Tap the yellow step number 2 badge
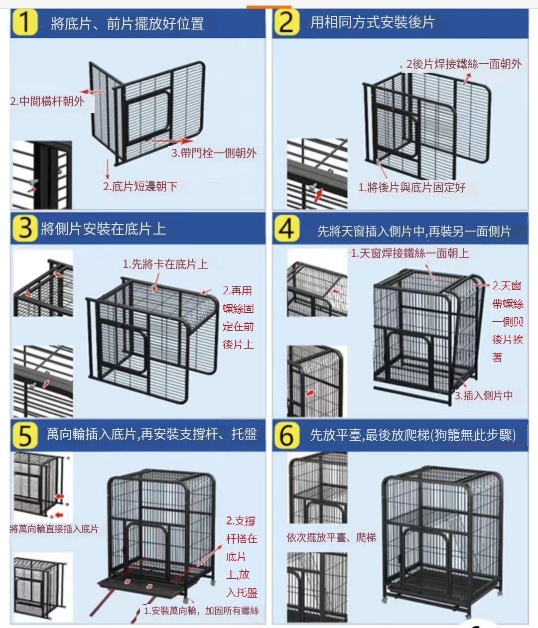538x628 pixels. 286,22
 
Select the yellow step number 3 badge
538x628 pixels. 24,229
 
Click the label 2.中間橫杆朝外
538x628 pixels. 47,102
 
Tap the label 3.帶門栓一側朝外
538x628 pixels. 214,153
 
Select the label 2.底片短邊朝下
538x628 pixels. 140,187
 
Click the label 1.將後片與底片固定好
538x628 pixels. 411,187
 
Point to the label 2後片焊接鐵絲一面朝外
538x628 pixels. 464,64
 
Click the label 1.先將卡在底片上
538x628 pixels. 165,264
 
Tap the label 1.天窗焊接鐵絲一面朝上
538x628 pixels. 409,253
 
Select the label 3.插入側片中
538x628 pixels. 484,395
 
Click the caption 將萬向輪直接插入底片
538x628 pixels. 54,529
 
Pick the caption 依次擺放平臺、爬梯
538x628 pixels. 331,538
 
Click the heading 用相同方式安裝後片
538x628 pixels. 372,22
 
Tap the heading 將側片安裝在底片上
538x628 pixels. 103,229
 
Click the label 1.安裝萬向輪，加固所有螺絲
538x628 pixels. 201,611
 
